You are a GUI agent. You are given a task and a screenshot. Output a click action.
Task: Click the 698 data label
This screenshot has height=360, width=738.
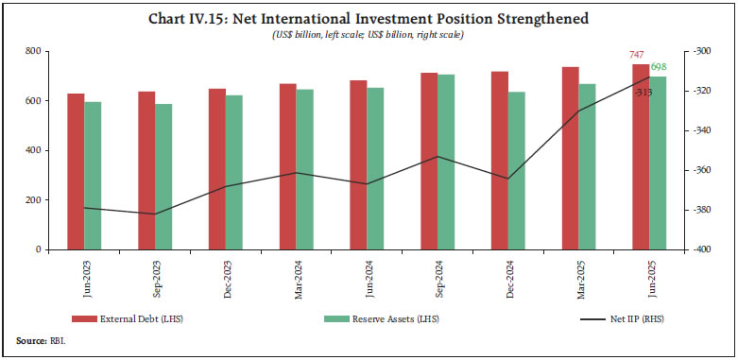click(x=659, y=67)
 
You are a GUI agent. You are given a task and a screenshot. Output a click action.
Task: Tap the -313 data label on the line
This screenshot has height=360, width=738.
click(x=644, y=92)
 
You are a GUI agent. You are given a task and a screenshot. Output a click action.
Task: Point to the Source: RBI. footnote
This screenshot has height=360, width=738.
click(x=38, y=340)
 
